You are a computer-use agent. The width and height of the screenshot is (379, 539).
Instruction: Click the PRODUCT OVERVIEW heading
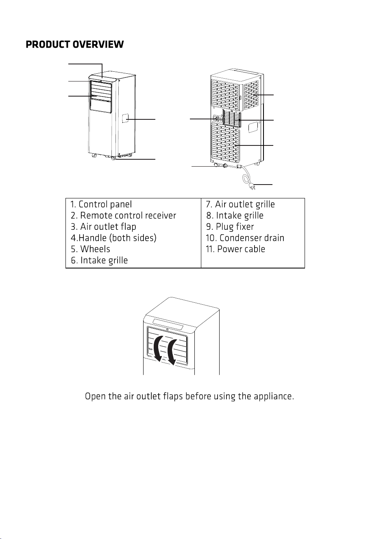(75, 44)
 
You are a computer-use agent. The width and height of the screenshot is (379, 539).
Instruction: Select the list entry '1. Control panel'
(101, 204)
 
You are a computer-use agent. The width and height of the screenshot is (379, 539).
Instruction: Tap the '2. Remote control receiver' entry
(124, 216)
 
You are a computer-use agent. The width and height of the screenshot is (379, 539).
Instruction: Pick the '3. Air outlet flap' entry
(104, 227)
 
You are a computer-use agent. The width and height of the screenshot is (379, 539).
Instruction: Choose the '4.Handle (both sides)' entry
(113, 238)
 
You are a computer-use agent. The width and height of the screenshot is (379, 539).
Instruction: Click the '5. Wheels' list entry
(91, 249)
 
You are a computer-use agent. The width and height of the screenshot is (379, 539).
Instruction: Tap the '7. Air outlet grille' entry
(240, 204)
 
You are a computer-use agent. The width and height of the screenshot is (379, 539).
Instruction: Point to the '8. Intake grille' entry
(235, 216)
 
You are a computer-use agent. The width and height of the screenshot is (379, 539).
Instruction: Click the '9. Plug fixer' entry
(230, 227)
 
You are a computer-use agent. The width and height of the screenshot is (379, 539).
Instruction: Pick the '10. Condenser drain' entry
(245, 238)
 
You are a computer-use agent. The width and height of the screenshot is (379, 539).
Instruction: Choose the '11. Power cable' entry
(235, 249)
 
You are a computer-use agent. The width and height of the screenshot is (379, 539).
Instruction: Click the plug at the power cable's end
(252, 186)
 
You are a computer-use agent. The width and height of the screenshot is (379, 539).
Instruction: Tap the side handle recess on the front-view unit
(126, 119)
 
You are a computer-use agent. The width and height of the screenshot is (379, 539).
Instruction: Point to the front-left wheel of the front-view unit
(93, 156)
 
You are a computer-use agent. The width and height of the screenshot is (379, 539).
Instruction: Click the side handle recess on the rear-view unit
(253, 127)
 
